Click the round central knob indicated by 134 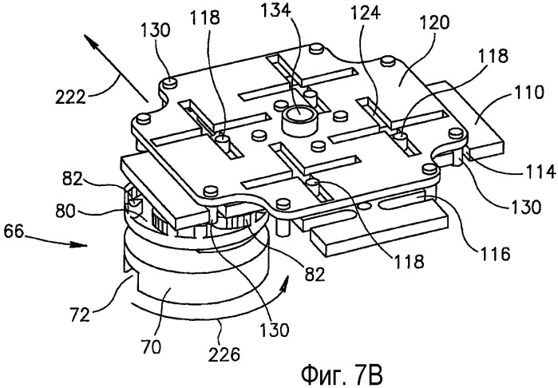pos(299,121)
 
